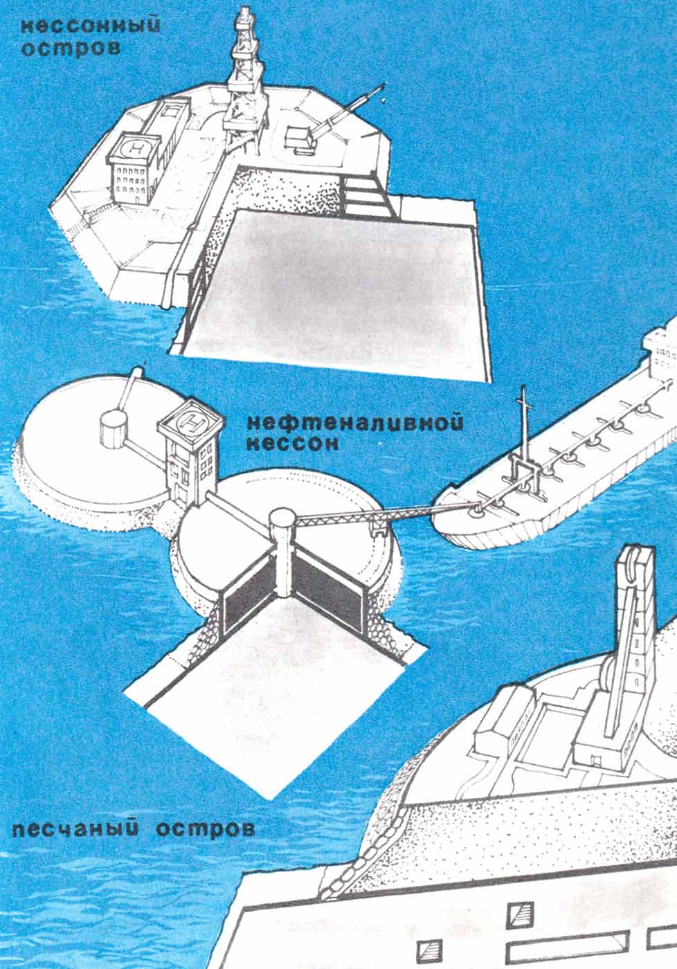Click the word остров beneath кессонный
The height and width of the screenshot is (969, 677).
(71, 49)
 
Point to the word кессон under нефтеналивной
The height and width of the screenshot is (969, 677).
(293, 444)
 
